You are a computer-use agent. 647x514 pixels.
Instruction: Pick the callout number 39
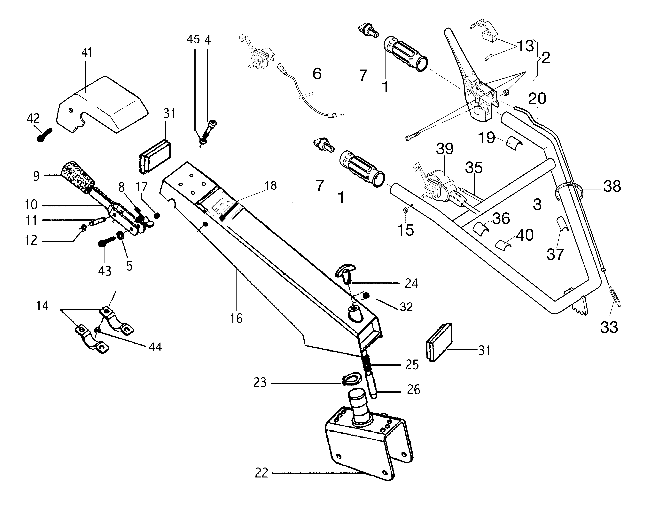[444, 149]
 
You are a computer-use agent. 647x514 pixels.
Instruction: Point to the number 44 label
[155, 347]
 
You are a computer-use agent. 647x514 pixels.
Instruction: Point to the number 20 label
[537, 99]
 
